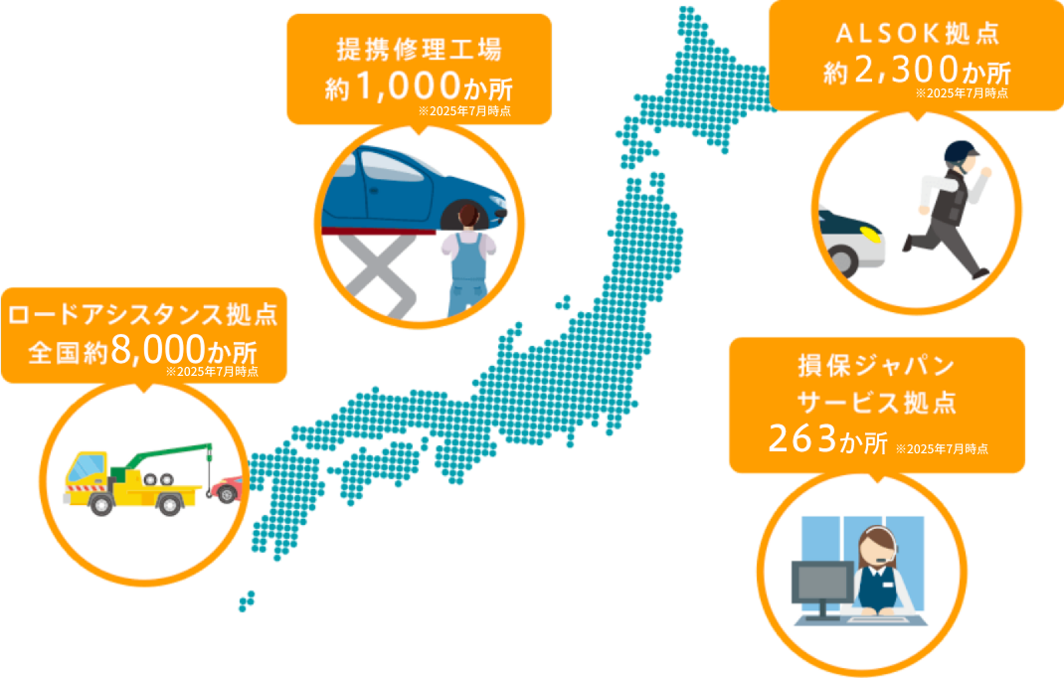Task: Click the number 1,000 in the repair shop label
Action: pyautogui.click(x=408, y=85)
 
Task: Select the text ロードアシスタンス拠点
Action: pyautogui.click(x=141, y=316)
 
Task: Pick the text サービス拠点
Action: pyautogui.click(x=876, y=403)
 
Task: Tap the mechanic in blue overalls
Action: pyautogui.click(x=463, y=263)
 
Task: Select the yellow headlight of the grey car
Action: pyautogui.click(x=868, y=235)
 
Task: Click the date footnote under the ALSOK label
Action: pyautogui.click(x=961, y=92)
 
